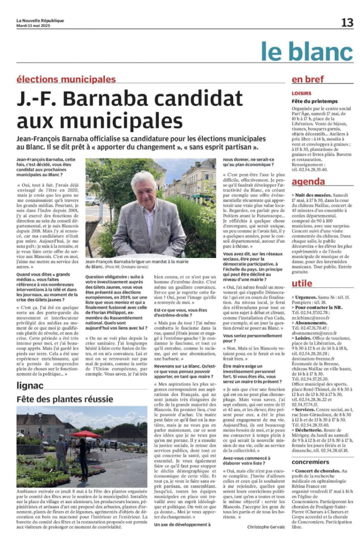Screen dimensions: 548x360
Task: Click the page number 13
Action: click(347, 22)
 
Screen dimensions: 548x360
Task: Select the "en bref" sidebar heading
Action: click(307, 79)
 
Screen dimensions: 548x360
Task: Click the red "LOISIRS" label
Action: click(302, 92)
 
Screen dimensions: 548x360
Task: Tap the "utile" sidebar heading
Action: click(302, 283)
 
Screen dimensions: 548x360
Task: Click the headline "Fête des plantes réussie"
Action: click(65, 399)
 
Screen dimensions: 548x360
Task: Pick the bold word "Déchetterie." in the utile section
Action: click(313, 415)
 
